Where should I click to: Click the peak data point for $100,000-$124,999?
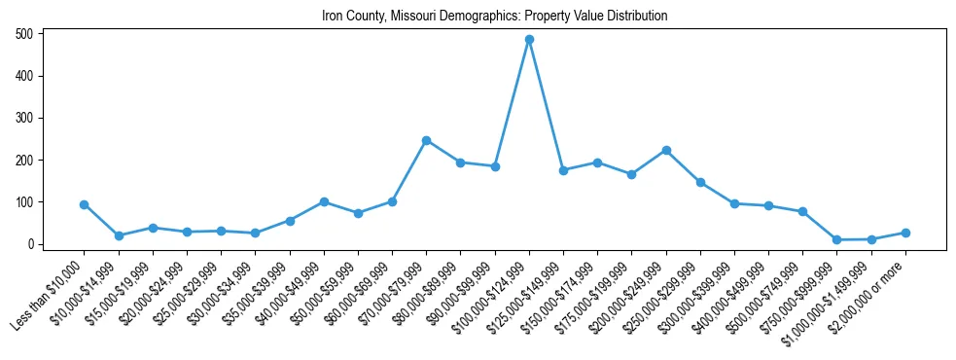tap(529, 40)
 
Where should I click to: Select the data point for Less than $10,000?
tap(85, 204)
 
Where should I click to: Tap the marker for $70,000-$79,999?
tap(426, 140)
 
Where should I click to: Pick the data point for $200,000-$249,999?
tap(666, 150)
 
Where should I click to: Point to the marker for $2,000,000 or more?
tap(905, 233)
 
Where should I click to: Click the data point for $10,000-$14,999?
tap(119, 235)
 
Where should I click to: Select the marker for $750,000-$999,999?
tap(836, 239)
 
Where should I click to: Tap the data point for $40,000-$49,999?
tap(324, 201)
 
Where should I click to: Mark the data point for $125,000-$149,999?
tap(563, 170)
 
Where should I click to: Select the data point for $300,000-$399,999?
tap(734, 203)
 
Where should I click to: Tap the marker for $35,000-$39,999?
tap(290, 221)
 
